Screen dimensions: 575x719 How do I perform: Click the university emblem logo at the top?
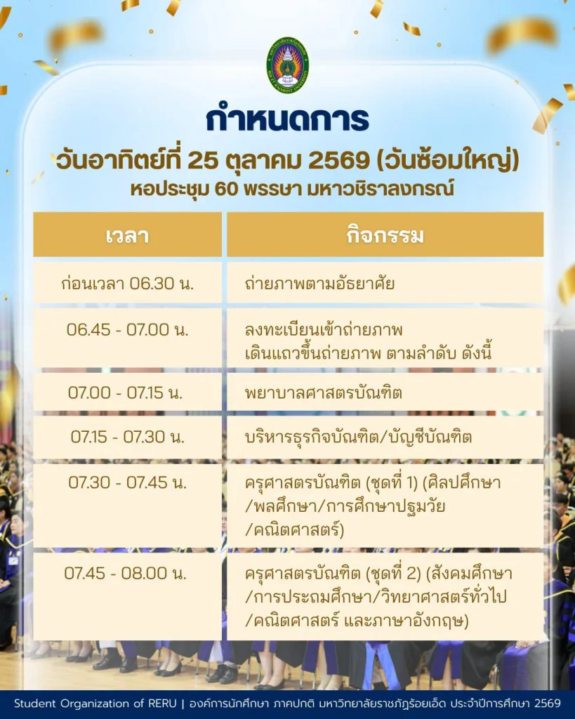[x=288, y=65]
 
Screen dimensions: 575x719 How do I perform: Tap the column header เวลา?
[x=127, y=236]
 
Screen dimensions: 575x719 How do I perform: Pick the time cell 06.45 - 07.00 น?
[x=128, y=329]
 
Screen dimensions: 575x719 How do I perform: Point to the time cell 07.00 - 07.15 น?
[x=125, y=393]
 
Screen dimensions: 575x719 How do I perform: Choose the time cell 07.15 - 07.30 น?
[x=128, y=437]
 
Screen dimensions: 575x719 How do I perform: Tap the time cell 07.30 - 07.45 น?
[x=128, y=482]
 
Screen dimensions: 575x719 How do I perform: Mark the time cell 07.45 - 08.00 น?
[x=125, y=573]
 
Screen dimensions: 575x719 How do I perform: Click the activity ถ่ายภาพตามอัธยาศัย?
[x=319, y=284]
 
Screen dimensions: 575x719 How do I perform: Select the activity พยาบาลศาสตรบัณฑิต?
[x=323, y=393]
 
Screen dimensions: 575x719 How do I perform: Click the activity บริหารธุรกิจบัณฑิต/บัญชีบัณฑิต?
[x=358, y=437]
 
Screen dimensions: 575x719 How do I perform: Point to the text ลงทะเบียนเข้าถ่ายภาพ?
[x=324, y=330]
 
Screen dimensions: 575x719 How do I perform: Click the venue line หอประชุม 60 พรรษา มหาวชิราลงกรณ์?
[x=292, y=188]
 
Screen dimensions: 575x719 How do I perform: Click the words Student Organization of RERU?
[x=95, y=704]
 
